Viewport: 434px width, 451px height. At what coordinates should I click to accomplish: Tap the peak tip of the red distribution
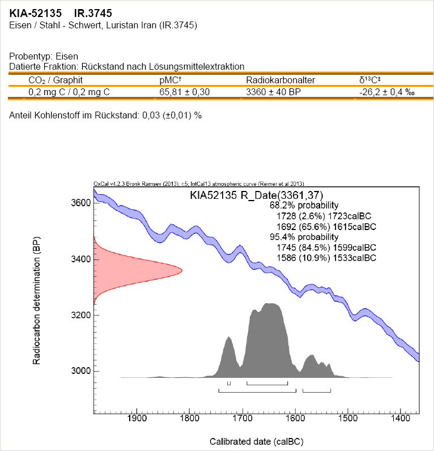tap(181, 270)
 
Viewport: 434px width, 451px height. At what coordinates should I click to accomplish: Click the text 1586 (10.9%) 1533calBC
tap(326, 258)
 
